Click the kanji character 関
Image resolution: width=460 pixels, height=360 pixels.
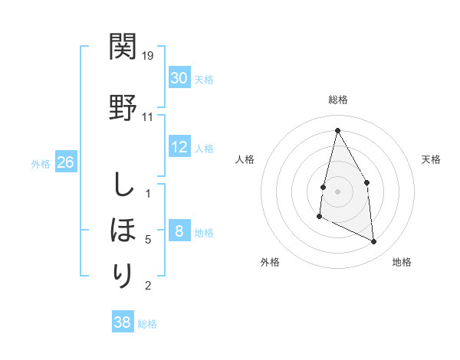[123, 48]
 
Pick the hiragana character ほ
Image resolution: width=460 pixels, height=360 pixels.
[123, 229]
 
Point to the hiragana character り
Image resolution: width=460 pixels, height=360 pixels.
[123, 275]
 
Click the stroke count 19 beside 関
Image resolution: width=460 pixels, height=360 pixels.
[149, 56]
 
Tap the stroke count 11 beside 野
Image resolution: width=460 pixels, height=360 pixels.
[148, 117]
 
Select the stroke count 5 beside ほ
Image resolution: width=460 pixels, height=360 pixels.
[148, 239]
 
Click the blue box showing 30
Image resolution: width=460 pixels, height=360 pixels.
[179, 78]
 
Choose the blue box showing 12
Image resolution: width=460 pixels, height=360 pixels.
[179, 148]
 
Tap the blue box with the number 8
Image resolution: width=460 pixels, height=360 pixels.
[179, 231]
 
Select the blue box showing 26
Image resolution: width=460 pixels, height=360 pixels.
[65, 162]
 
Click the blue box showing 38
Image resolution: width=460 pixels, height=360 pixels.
[123, 322]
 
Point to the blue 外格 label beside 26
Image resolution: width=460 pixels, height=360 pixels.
[41, 163]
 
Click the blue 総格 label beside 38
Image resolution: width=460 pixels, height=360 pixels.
[147, 323]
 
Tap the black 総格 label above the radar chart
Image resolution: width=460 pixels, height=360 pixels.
[337, 100]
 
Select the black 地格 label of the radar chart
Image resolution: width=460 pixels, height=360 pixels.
[402, 262]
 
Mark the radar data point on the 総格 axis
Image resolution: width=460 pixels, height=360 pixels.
[337, 129]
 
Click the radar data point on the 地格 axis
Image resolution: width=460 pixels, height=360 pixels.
[374, 242]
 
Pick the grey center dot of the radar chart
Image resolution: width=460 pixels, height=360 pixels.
[337, 191]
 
